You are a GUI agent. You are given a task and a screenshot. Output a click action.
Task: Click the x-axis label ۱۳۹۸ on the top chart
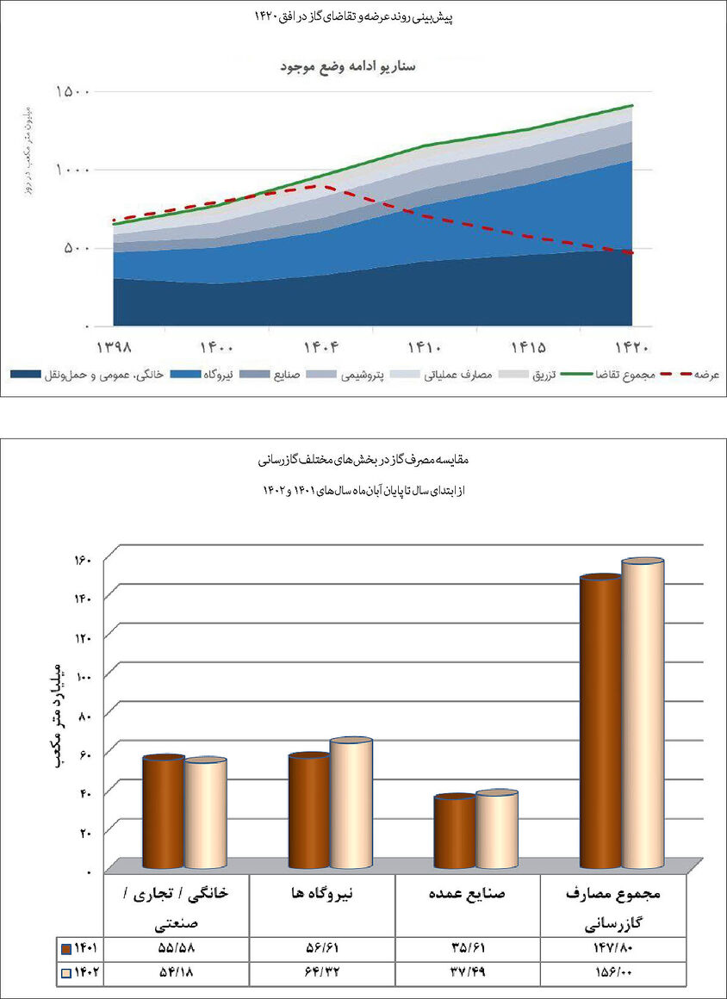[113, 347]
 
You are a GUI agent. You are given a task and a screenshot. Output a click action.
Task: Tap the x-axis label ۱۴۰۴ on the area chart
[320, 347]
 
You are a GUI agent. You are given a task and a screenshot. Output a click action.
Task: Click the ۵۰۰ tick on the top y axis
[80, 249]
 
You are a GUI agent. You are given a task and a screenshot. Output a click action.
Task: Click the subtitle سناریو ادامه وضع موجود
[351, 66]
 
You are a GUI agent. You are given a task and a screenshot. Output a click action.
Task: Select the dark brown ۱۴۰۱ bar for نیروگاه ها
[309, 811]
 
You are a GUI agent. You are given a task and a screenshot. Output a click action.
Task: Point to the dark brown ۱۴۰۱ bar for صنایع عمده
[455, 832]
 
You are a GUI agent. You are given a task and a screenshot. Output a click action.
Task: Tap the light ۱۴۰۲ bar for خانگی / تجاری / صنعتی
[206, 814]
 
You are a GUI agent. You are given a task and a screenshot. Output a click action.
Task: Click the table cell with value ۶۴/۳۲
[321, 972]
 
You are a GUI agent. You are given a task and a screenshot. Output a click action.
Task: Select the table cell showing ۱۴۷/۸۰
[613, 948]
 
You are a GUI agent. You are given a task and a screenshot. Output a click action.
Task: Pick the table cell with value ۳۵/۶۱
[467, 948]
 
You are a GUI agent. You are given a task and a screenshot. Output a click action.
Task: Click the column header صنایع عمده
[467, 894]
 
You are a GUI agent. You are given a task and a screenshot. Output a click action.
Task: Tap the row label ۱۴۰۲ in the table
[80, 972]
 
